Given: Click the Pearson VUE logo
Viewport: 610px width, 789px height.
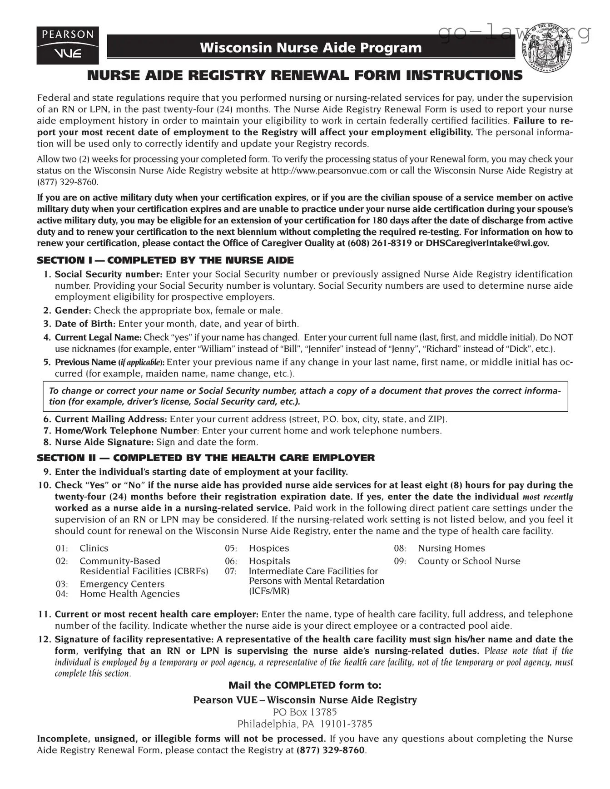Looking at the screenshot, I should pyautogui.click(x=68, y=45).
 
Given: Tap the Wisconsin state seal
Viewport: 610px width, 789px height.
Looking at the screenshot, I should pyautogui.click(x=547, y=48).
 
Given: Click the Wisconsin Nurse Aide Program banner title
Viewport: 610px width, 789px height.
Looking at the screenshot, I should pyautogui.click(x=311, y=47).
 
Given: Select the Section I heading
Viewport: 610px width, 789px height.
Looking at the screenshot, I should pyautogui.click(x=165, y=261).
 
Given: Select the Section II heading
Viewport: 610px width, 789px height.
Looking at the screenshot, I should pyautogui.click(x=206, y=458).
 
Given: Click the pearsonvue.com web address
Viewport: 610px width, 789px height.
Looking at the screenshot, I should pyautogui.click(x=329, y=171).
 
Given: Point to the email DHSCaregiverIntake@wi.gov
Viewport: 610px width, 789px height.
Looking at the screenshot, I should pyautogui.click(x=487, y=243).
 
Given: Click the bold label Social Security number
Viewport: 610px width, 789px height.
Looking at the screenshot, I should pyautogui.click(x=109, y=274).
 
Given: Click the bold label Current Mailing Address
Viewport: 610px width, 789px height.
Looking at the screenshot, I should pyautogui.click(x=111, y=419).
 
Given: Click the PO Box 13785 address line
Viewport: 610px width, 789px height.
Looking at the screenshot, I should pyautogui.click(x=305, y=712).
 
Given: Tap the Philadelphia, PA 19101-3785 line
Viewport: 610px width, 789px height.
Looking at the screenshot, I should pyautogui.click(x=305, y=724).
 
